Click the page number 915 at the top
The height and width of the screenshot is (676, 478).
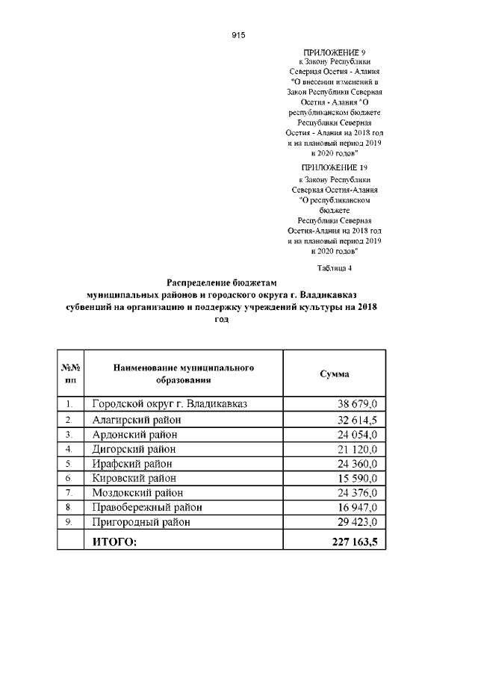point(239,35)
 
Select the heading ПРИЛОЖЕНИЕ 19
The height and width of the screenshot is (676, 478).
point(335,168)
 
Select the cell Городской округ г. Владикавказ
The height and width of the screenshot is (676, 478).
point(170,404)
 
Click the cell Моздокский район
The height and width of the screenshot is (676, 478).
point(137,493)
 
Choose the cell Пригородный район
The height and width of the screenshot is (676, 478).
point(141,522)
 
